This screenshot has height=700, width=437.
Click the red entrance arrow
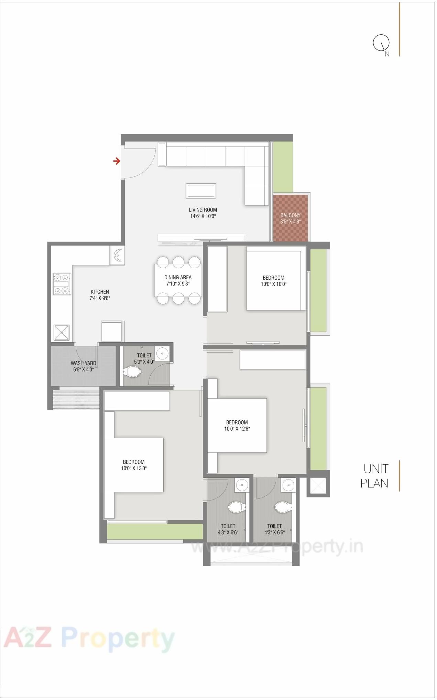[117, 161]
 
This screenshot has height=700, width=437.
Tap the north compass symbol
[381, 43]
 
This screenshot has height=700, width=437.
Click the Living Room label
[203, 210]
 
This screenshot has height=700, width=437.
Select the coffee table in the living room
[201, 191]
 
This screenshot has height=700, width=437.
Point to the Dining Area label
[178, 277]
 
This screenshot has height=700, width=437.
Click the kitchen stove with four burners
[62, 284]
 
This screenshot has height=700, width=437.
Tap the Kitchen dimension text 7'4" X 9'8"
[100, 298]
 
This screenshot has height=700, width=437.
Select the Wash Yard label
[83, 363]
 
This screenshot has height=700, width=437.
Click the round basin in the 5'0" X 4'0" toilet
[162, 353]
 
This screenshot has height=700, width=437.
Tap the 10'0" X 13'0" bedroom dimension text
[134, 468]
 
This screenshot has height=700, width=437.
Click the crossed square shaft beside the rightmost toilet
[318, 485]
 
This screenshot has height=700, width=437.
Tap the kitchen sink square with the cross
[62, 332]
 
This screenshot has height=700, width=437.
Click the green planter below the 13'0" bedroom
[155, 531]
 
